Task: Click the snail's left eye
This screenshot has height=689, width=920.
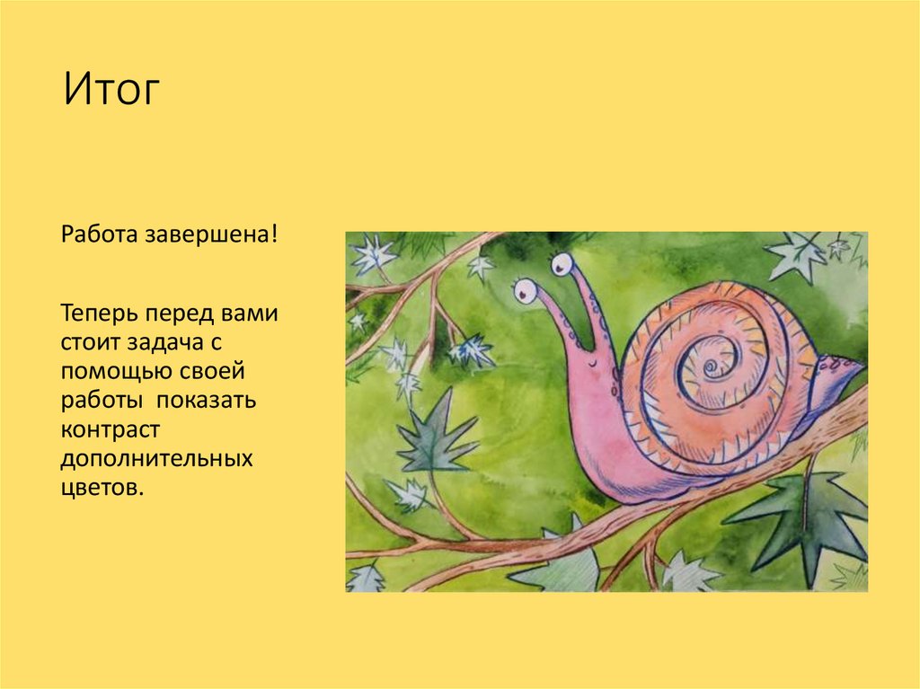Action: click(x=525, y=291)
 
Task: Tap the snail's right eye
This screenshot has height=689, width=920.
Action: click(x=562, y=265)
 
